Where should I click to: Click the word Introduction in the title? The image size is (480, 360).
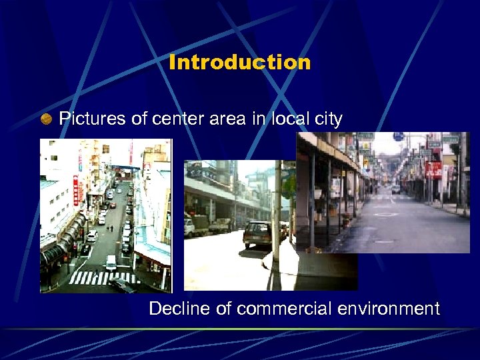[240, 63]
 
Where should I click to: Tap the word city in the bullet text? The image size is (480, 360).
[327, 120]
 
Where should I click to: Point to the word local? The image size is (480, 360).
[286, 119]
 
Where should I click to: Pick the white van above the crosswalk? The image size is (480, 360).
[110, 262]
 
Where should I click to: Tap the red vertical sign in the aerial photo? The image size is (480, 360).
[75, 190]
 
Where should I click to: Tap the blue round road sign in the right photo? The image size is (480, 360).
[399, 137]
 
